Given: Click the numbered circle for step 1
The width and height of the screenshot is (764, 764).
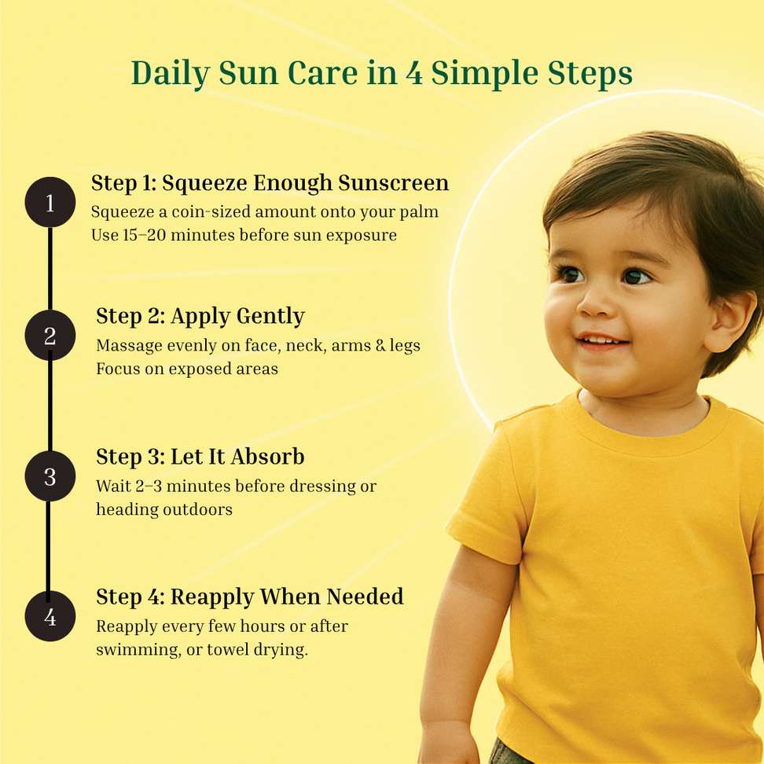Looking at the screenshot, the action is coord(50,202).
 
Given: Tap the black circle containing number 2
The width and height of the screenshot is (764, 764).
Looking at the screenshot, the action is coord(50,335).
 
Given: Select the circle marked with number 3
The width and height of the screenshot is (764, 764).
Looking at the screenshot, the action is coord(50,476).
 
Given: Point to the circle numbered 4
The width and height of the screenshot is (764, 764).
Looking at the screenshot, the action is coord(50,616).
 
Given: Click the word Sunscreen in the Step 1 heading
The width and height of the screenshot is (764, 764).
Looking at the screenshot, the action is coord(393,182).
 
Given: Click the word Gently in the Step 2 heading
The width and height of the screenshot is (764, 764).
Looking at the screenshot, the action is coord(270,317).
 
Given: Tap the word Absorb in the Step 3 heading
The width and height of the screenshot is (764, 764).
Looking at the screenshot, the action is coord(267,457).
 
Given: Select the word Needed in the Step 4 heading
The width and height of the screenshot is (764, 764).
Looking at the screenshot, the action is coord(365,597).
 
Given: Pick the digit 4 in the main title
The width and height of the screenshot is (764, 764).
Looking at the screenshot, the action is coord(413,73).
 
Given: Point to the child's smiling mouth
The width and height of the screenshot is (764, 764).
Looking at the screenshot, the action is coord(603,341).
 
